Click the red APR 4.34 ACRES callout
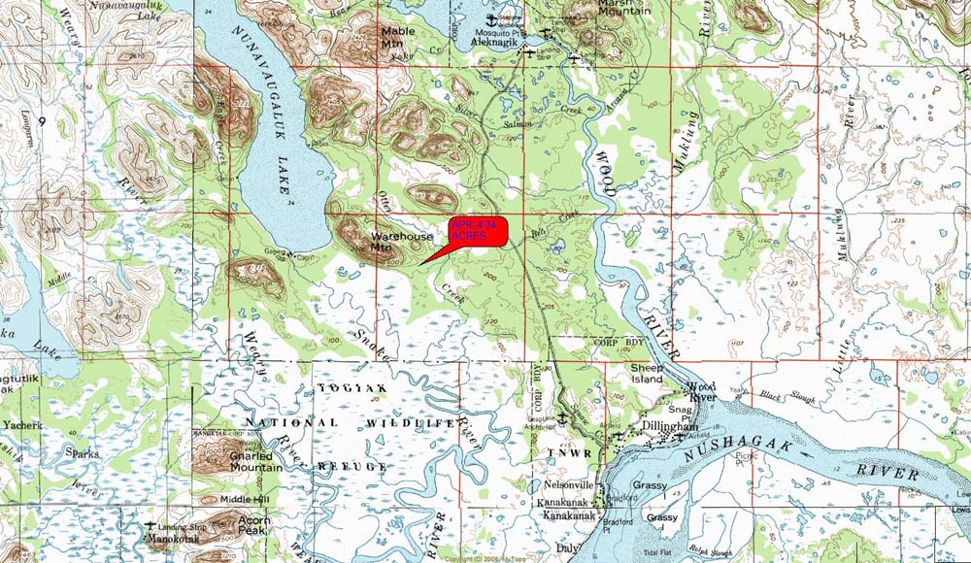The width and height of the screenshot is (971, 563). pyautogui.click(x=477, y=231)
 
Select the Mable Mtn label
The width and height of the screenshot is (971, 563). pyautogui.click(x=397, y=37)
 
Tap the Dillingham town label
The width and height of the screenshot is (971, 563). pyautogui.click(x=670, y=426)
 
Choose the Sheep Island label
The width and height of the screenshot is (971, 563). pyautogui.click(x=647, y=374)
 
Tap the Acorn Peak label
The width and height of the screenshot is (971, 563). pyautogui.click(x=254, y=526)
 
